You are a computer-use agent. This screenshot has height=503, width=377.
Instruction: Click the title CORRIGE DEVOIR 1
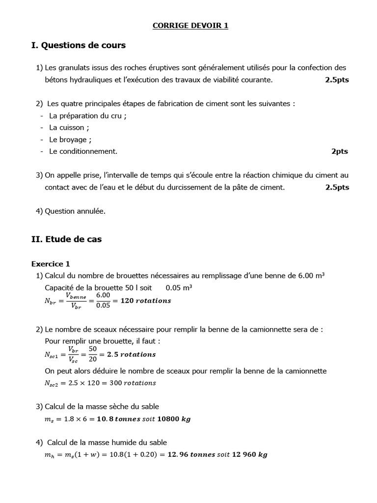[x=190, y=26]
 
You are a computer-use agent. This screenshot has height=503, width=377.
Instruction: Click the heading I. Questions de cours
[x=78, y=46]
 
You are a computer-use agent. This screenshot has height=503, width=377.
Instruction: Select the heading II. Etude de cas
[x=66, y=240]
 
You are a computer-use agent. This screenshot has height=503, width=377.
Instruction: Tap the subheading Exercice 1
[x=51, y=264]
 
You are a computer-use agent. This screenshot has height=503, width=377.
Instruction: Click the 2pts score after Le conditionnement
[x=339, y=151]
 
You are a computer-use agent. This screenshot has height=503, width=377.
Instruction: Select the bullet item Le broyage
[x=70, y=140]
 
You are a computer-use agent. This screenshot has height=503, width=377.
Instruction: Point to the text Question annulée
[x=75, y=211]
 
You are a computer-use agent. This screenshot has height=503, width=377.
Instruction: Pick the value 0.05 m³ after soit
[x=179, y=288]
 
